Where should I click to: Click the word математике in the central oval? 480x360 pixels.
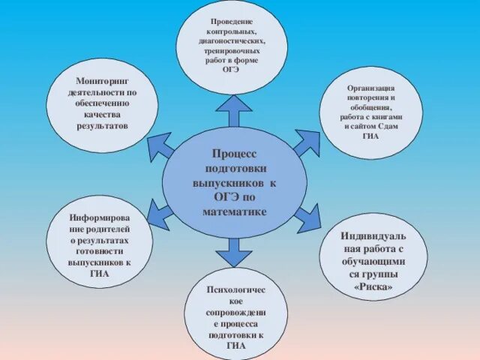click(234, 212)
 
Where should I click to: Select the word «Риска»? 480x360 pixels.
click(373, 286)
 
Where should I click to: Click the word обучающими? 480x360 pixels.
click(373, 262)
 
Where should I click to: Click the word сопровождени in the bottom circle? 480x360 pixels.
click(235, 308)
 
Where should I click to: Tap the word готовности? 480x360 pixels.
click(100, 253)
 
